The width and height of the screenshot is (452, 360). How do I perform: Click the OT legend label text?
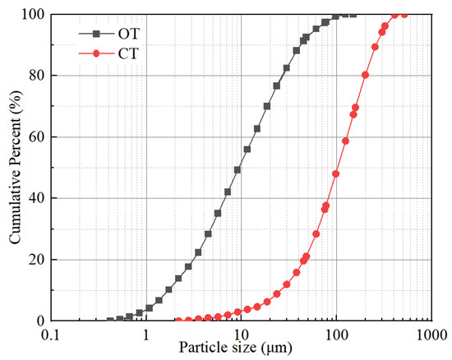click(129, 35)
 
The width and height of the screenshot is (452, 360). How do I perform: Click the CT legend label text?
click(128, 54)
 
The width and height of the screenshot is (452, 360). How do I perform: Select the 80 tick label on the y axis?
click(37, 76)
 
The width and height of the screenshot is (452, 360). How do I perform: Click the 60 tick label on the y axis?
click(37, 136)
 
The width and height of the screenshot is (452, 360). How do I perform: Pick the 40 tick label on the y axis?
click(37, 198)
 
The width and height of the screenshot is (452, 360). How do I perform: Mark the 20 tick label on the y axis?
click(37, 259)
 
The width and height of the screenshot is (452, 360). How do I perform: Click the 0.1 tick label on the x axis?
click(52, 335)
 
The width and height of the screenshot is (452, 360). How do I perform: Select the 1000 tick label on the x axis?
click(431, 335)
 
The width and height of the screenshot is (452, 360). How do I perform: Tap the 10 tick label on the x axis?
click(241, 335)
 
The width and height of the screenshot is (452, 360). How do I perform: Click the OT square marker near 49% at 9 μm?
click(238, 170)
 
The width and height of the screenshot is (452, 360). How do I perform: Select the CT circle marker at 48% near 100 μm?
click(335, 173)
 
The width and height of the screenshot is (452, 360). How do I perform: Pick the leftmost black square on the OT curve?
click(110, 320)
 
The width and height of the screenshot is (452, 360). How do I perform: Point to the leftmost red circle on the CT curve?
click(178, 320)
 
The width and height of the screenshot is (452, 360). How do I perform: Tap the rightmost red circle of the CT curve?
click(404, 14)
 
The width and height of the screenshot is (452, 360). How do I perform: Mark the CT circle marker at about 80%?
click(365, 75)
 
